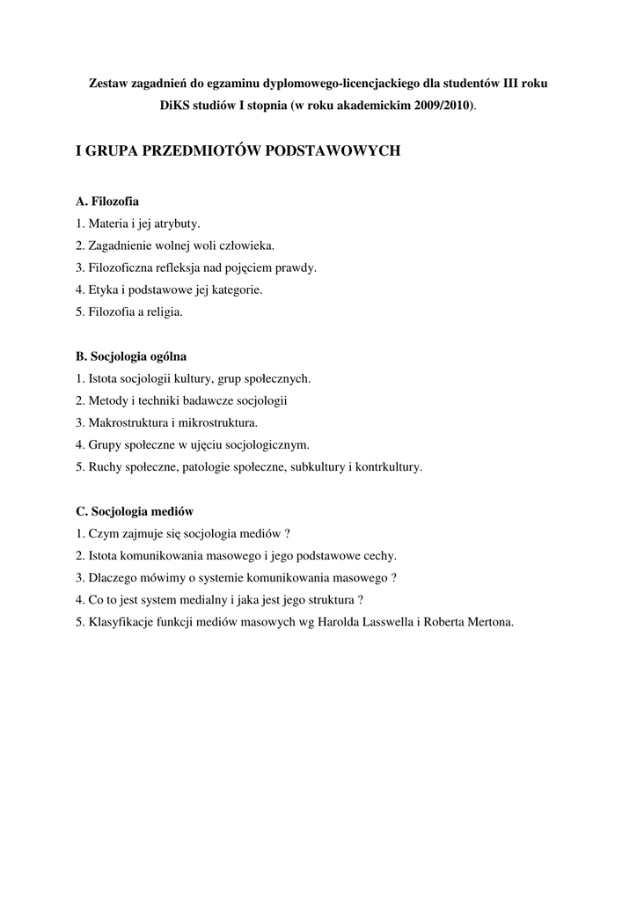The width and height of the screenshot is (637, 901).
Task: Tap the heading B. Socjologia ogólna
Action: (131, 356)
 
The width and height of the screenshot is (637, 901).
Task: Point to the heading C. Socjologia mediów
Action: (135, 511)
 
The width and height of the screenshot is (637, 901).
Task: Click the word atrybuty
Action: (177, 224)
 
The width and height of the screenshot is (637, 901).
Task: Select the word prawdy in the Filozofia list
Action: (297, 267)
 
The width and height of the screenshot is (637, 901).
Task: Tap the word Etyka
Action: (103, 289)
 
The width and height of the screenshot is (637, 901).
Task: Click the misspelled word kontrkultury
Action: (388, 467)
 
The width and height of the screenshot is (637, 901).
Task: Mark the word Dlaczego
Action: (112, 578)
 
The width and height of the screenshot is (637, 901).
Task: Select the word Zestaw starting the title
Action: (109, 83)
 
